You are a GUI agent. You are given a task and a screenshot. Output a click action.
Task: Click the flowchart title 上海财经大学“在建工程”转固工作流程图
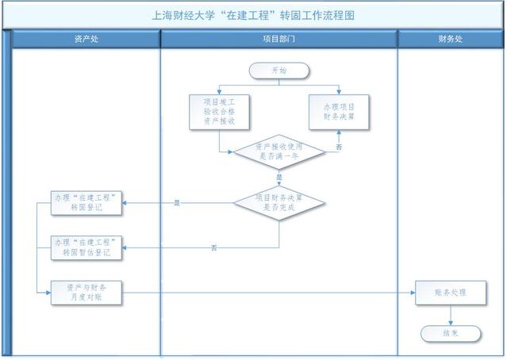click(252, 14)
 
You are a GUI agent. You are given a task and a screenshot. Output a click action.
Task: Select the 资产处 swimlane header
click(86, 39)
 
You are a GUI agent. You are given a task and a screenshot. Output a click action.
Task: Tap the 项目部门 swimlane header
click(278, 39)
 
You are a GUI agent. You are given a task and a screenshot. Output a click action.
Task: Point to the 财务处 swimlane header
click(450, 39)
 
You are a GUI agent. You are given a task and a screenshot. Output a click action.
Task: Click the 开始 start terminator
click(278, 71)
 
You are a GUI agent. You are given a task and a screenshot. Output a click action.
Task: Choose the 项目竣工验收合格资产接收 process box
click(218, 112)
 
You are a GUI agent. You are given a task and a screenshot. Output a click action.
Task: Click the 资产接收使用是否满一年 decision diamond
click(278, 151)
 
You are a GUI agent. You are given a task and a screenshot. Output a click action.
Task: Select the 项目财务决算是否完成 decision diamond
click(278, 202)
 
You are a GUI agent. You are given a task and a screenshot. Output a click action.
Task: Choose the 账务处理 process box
click(450, 293)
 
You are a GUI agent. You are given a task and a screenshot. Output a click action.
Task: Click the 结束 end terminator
click(450, 332)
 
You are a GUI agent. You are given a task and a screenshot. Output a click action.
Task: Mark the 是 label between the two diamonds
click(278, 177)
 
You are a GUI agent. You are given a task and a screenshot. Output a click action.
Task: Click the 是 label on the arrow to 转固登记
click(177, 204)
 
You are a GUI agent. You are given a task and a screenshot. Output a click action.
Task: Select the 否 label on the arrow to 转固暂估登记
click(214, 248)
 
